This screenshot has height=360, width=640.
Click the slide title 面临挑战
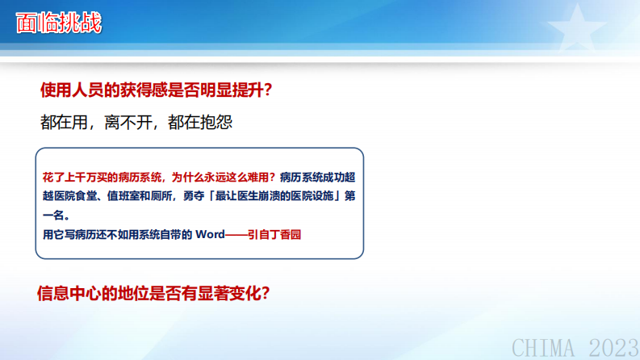pos(60,23)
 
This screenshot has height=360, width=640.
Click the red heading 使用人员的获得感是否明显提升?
pos(155,90)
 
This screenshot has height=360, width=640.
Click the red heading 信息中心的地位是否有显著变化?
pos(153,294)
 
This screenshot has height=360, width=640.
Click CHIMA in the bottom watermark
pos(544,348)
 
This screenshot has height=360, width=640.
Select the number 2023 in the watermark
pos(613,348)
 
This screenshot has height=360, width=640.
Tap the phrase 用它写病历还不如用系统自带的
pos(116,235)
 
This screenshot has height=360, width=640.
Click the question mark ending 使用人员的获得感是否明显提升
pos(267,90)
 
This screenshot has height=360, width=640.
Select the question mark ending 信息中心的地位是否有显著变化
pos(264,294)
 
